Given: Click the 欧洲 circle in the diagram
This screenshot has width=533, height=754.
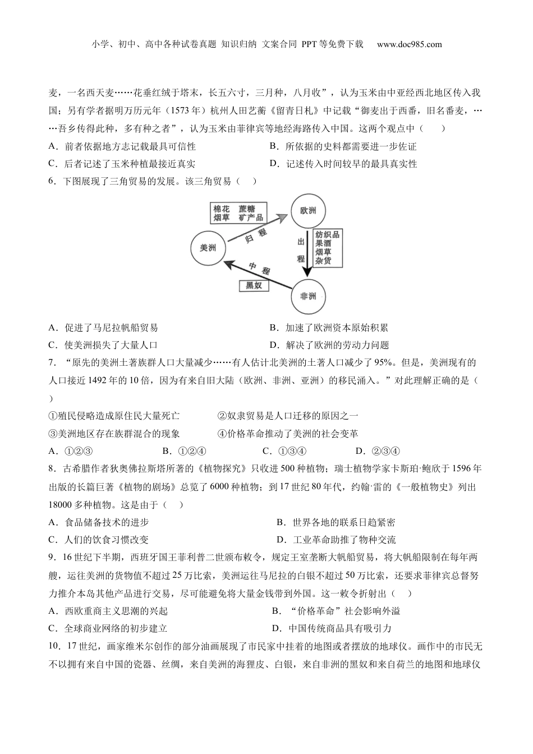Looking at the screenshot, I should [308, 211].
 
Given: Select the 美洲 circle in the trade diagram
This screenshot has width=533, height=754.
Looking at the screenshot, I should [208, 247].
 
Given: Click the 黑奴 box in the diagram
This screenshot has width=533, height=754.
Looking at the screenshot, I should [254, 286].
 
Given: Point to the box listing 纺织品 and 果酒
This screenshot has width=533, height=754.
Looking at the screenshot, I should [327, 247].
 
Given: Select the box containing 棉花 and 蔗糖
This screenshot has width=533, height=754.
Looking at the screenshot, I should [238, 213].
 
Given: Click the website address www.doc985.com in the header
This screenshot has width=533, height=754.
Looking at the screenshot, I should [409, 44].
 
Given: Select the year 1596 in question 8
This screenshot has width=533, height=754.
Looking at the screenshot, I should [463, 469].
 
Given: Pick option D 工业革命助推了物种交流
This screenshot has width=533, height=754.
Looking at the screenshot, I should [336, 540].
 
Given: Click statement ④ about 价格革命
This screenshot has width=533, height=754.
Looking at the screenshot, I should [287, 434].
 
